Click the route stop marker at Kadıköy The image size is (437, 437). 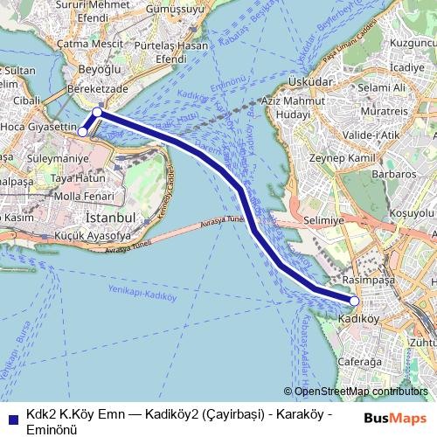click(x=354, y=301)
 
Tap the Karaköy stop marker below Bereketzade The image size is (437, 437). click(x=97, y=113)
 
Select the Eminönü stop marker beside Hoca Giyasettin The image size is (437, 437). click(x=83, y=132)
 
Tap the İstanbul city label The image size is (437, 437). click(x=108, y=216)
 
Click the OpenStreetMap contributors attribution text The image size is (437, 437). click(x=360, y=392)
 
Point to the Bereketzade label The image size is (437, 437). click(x=99, y=89)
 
